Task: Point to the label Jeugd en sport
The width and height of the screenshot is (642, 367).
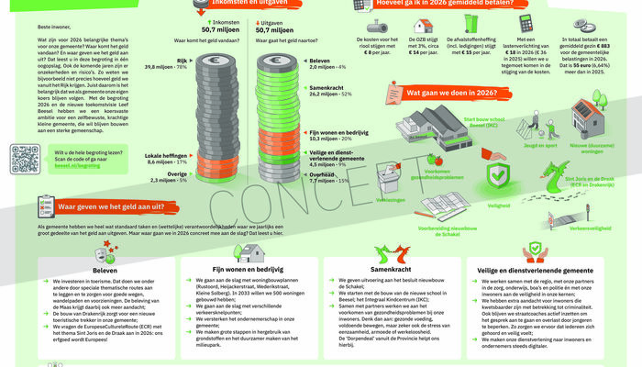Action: point(523,144)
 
